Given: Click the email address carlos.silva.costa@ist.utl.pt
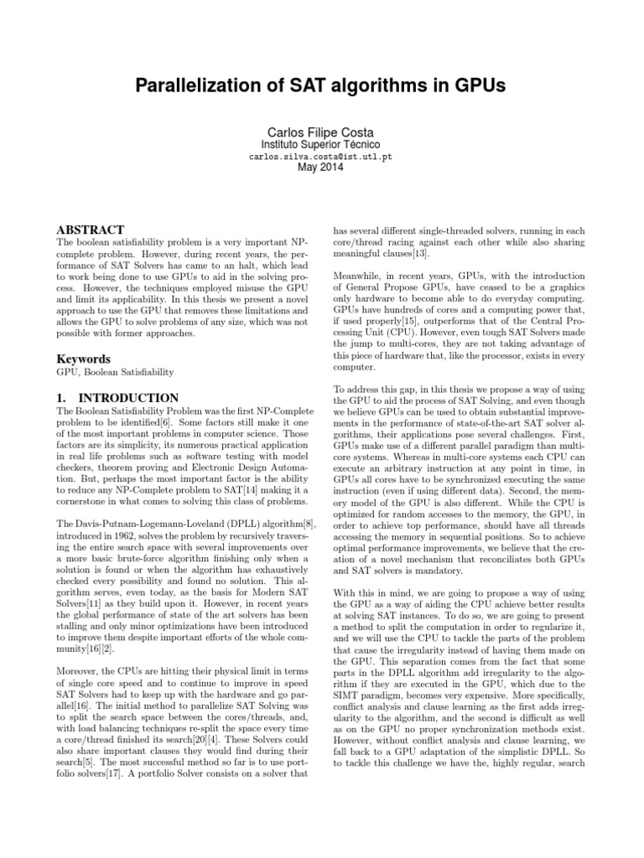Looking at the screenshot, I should (321, 157).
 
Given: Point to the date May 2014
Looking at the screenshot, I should (321, 168).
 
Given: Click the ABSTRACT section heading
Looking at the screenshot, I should (90, 230).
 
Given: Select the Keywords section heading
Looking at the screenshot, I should (85, 359).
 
